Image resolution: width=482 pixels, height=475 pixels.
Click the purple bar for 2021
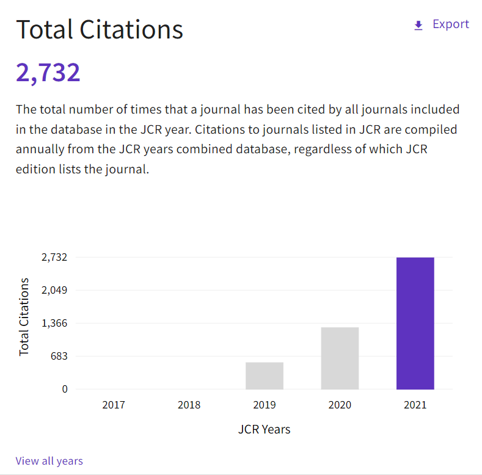click(415, 323)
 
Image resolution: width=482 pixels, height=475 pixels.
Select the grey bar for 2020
click(340, 358)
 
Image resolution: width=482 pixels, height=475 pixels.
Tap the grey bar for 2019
click(265, 375)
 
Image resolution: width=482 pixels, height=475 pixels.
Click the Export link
click(451, 24)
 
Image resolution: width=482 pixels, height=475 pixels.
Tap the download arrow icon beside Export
click(418, 25)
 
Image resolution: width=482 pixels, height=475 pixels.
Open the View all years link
click(49, 461)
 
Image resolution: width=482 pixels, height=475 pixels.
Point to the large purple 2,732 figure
click(48, 73)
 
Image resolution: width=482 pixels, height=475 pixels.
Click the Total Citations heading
click(100, 29)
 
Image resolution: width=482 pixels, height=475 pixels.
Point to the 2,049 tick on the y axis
click(54, 290)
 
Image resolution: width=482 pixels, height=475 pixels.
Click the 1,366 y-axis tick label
click(54, 323)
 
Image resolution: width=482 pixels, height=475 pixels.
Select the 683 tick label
click(59, 356)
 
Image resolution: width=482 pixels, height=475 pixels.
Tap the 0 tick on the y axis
click(65, 390)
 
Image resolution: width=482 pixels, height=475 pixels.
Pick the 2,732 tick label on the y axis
click(54, 257)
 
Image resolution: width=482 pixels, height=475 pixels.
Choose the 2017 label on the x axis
click(114, 405)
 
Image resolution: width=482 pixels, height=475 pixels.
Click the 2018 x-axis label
click(189, 405)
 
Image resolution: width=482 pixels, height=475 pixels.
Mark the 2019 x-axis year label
click(265, 405)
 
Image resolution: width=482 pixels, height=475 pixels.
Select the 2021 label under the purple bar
click(415, 405)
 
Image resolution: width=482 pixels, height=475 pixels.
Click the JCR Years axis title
click(264, 430)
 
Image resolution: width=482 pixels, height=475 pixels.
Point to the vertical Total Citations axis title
click(24, 317)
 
